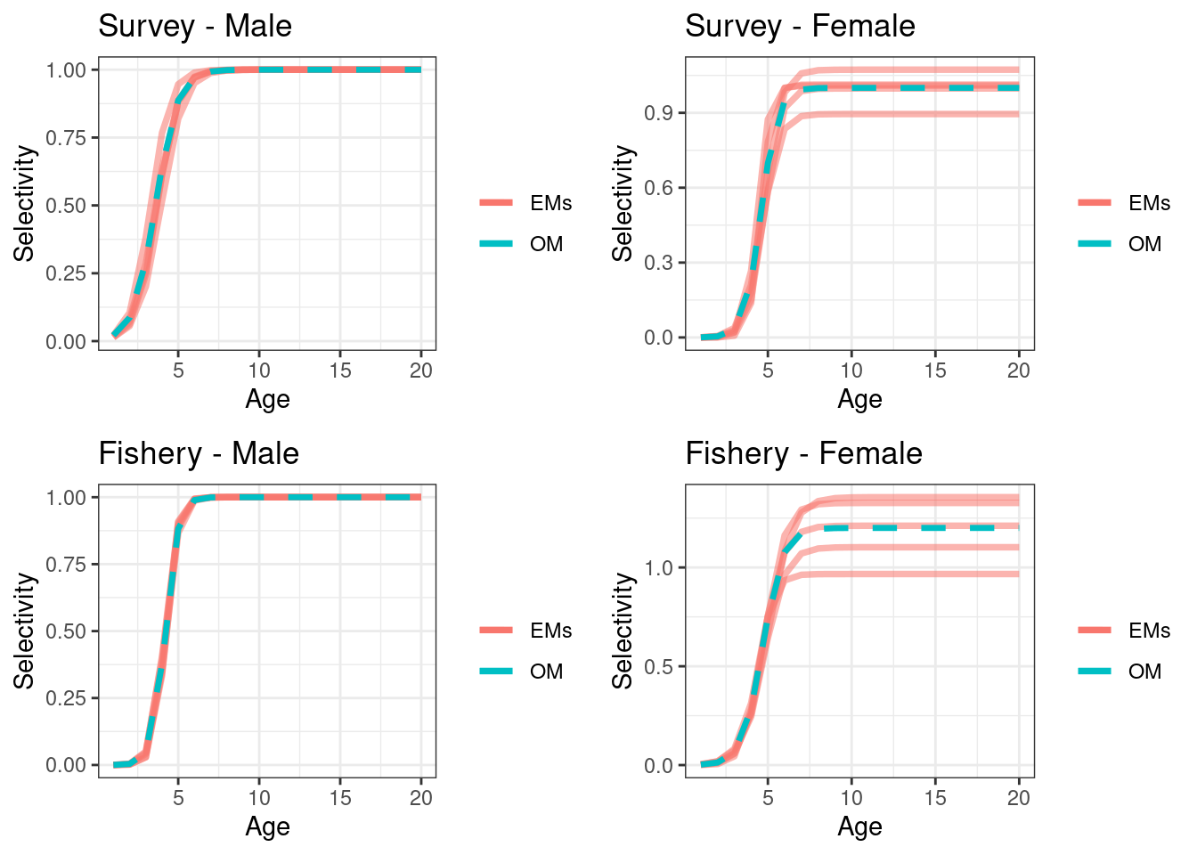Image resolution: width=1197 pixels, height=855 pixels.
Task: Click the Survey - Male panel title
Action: (x=194, y=26)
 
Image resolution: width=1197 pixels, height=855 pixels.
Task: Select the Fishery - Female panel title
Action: (x=803, y=453)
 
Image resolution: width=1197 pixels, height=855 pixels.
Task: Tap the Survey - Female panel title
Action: (x=800, y=26)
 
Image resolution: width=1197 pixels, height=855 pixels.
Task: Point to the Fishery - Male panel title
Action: (x=198, y=453)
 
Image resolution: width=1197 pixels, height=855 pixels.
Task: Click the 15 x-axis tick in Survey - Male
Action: (x=340, y=370)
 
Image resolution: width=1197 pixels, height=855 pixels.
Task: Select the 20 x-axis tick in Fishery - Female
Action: (x=1018, y=798)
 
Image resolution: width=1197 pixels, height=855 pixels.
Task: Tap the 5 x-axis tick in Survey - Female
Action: (x=768, y=370)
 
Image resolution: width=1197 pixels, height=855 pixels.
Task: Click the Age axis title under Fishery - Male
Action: (x=267, y=826)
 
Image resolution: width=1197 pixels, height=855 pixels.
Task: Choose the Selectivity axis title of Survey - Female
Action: (x=623, y=204)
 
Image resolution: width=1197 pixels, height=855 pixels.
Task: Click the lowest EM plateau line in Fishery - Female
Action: (x=935, y=574)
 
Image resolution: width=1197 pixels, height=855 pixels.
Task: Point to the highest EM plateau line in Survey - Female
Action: (x=935, y=69)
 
